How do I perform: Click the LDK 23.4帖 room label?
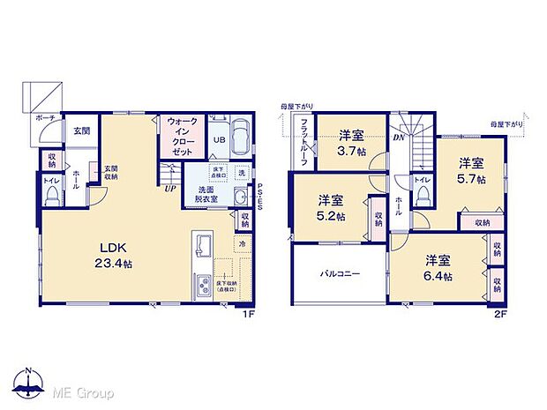(x=115, y=256)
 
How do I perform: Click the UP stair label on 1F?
(x=168, y=186)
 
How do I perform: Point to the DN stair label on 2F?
(x=398, y=138)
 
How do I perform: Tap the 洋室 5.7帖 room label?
(x=470, y=171)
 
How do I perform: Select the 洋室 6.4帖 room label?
(x=438, y=268)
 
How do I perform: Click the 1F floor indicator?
(x=250, y=311)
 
